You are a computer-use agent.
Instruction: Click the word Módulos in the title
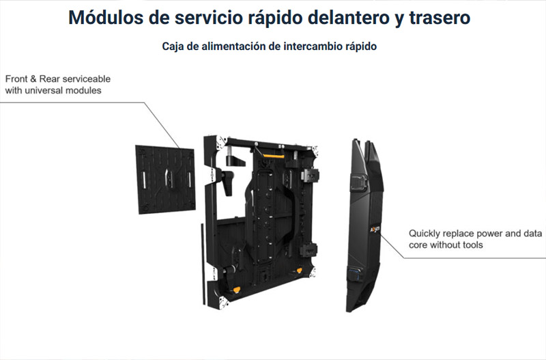(x=105, y=18)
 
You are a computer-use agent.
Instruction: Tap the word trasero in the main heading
(x=440, y=18)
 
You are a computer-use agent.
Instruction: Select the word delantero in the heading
(x=348, y=18)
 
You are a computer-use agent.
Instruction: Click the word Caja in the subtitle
(x=173, y=46)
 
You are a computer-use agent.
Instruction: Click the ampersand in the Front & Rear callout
(x=33, y=79)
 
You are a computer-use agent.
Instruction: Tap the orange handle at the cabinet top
(x=274, y=155)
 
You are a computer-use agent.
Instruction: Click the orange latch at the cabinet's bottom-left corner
(x=237, y=289)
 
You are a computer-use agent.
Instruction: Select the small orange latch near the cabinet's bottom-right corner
(x=299, y=270)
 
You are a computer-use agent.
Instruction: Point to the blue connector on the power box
(x=354, y=273)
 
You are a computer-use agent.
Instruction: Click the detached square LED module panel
(x=165, y=180)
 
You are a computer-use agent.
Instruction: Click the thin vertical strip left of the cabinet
(x=203, y=264)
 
